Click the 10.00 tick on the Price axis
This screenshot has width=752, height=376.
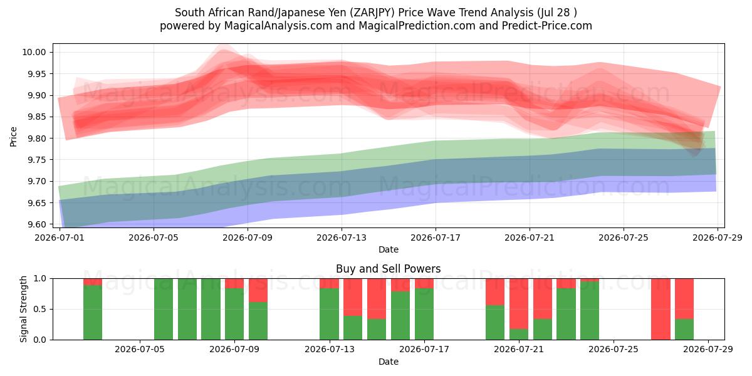pos(34,53)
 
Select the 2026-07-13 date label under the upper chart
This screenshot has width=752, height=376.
pos(342,238)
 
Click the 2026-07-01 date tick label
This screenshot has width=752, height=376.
pos(60,238)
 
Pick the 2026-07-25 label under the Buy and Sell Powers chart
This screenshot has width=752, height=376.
pos(614,350)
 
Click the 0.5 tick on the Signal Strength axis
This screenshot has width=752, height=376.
pos(40,309)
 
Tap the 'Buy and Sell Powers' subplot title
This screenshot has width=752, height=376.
pos(388,269)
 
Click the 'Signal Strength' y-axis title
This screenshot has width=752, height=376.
pos(23,309)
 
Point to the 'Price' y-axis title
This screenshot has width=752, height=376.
pos(13,137)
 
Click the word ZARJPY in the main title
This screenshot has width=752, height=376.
pos(372,13)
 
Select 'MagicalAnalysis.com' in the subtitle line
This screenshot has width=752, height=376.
pos(278,26)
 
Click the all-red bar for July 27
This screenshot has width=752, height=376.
pos(661,309)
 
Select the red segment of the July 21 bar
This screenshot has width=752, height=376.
pos(519,304)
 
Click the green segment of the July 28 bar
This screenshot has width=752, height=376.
pos(684,330)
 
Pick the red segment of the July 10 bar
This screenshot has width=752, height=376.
pos(258,290)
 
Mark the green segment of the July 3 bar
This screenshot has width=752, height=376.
pos(93,313)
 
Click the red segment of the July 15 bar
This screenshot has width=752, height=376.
pos(377,299)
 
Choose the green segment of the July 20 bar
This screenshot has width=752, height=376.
pos(495,322)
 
